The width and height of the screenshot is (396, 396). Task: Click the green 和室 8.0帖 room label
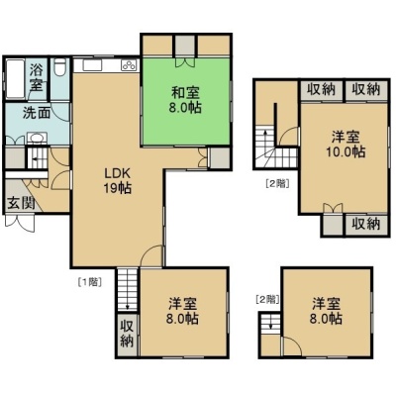185,100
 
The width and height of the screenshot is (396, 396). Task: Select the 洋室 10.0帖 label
346,144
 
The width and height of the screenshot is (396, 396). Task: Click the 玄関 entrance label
21,203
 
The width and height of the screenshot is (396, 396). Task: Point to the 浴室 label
37,78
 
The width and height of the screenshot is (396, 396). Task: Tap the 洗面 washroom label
37,113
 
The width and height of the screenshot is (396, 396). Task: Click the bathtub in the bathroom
16,78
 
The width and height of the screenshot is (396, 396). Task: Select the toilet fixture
59,67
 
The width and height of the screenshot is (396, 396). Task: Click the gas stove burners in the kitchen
129,64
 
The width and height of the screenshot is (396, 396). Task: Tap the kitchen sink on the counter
93,65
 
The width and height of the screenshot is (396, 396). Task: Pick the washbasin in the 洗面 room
37,138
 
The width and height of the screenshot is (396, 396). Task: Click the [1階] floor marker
89,282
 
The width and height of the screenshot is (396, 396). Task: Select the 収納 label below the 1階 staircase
128,333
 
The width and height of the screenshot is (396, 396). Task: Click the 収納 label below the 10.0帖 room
365,225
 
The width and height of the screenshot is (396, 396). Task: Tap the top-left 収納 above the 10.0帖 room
321,89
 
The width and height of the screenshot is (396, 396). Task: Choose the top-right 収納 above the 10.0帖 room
365,89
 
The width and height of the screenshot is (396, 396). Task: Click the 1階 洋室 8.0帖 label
183,311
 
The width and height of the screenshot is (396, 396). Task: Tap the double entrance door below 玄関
20,222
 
